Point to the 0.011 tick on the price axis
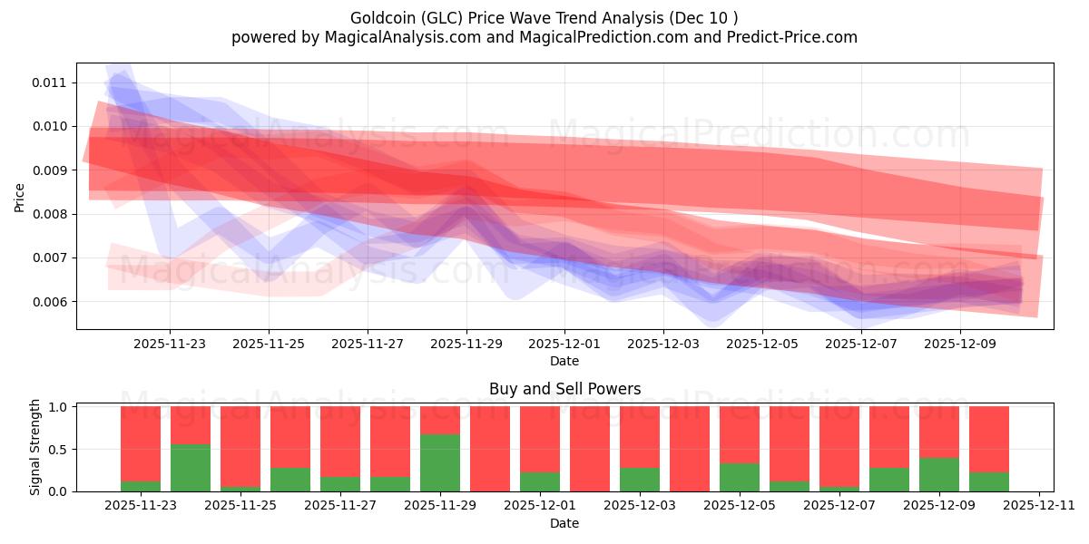click(x=50, y=83)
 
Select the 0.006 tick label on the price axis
click(x=50, y=302)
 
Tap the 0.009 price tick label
click(x=50, y=170)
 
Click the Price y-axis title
click(x=20, y=196)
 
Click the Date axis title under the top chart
click(x=564, y=361)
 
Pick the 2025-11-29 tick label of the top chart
click(x=466, y=345)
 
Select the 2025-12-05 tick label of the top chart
click(x=762, y=345)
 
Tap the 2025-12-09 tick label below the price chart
click(x=960, y=345)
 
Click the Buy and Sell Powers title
click(x=564, y=389)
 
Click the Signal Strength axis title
click(x=35, y=447)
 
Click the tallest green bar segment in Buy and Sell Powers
click(x=440, y=462)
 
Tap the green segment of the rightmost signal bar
click(x=989, y=481)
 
